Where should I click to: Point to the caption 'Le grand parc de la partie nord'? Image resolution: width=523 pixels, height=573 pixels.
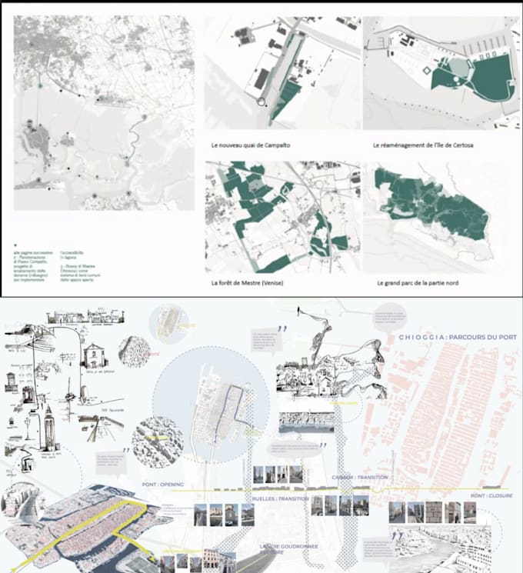[418, 283]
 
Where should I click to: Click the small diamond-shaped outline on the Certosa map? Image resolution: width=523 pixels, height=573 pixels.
[426, 70]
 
